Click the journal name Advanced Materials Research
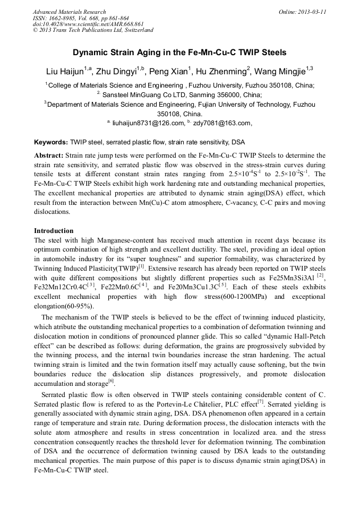(69, 12)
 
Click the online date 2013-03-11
(313, 12)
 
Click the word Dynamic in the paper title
(92, 53)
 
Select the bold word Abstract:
(49, 155)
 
